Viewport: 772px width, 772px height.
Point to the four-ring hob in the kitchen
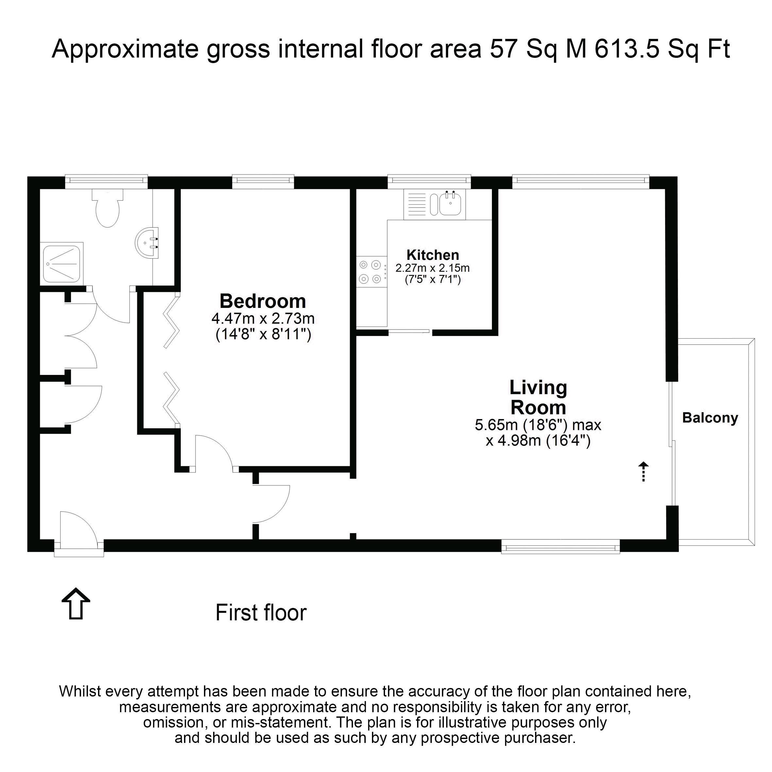(x=372, y=272)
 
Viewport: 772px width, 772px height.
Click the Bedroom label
(x=263, y=301)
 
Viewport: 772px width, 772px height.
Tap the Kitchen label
(x=433, y=255)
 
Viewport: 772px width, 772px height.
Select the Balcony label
(x=710, y=418)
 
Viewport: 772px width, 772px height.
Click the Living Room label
(x=538, y=397)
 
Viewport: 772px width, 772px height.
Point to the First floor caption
(x=261, y=613)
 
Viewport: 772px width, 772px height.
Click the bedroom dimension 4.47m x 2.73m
(x=263, y=319)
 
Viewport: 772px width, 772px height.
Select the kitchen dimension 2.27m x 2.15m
(x=433, y=268)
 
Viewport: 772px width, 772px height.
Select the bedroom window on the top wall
(x=263, y=182)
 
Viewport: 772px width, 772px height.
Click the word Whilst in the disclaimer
(x=80, y=691)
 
